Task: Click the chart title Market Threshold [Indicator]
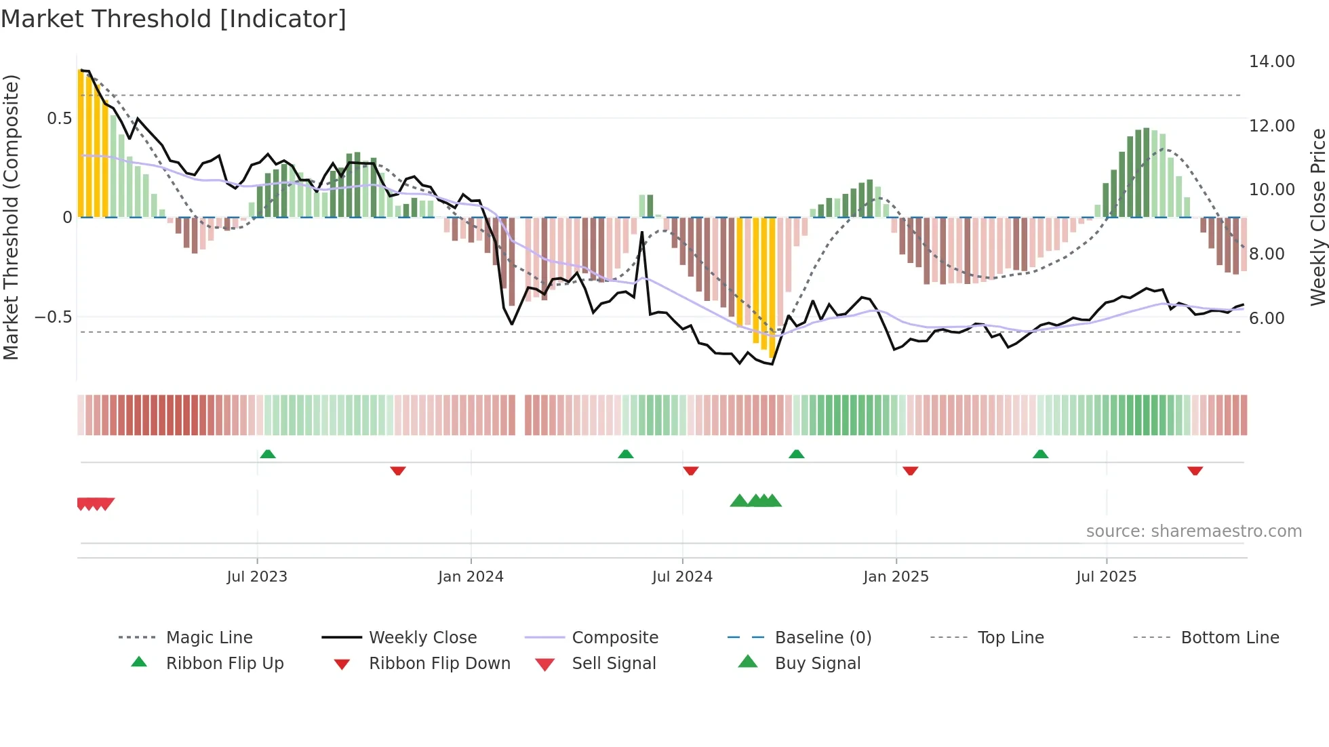(174, 19)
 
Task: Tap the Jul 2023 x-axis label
(257, 577)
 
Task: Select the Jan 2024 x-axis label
(471, 577)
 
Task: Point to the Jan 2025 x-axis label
(896, 577)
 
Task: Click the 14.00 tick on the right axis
(1271, 62)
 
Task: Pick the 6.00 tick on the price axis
(1267, 319)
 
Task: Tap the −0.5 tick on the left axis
(54, 317)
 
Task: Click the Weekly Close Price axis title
(1317, 217)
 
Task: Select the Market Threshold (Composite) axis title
(11, 217)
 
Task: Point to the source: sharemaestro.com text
(1193, 531)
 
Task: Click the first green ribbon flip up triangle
(268, 454)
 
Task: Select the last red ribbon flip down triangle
(1195, 470)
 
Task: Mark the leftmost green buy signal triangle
(739, 501)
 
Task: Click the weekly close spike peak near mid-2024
(642, 233)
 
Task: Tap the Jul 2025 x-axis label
(1106, 577)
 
